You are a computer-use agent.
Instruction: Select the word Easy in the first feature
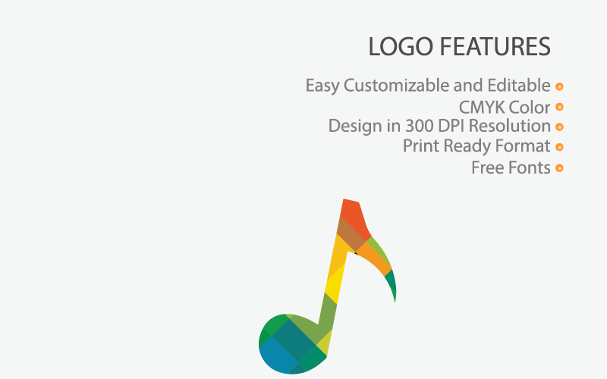pos(322,86)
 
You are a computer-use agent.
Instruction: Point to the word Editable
pos(524,86)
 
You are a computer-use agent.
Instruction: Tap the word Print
pos(419,146)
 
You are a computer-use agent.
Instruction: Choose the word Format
pos(522,146)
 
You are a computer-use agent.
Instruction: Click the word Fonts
pos(530,168)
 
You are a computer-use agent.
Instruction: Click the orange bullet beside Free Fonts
pos(559,168)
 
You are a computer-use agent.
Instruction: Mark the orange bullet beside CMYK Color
pos(559,108)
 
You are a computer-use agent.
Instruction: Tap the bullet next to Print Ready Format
pos(559,147)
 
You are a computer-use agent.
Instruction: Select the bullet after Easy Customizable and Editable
pos(559,86)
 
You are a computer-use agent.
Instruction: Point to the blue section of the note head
pos(276,356)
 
